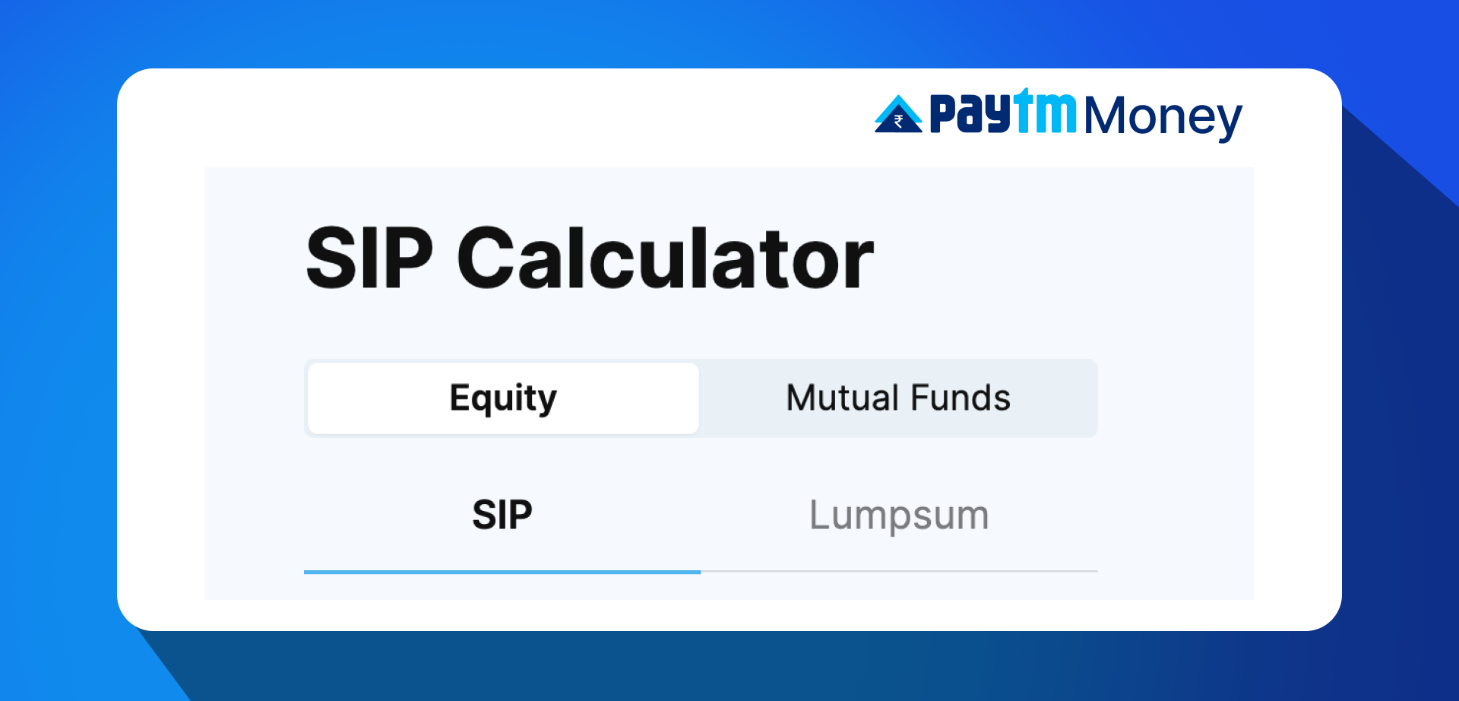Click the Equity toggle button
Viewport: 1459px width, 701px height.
[x=503, y=398]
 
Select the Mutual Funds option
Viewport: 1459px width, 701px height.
[x=898, y=398]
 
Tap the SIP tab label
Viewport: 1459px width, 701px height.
[x=502, y=515]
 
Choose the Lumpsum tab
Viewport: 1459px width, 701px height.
[x=899, y=515]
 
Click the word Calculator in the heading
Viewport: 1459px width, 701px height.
[x=666, y=259]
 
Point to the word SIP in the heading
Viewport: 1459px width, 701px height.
[x=369, y=259]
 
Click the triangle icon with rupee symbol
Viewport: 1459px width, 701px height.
[x=898, y=116]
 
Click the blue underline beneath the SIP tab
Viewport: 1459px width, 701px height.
[x=502, y=572]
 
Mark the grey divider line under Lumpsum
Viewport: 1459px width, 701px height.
[x=899, y=571]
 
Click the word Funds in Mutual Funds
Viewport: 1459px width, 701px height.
[x=961, y=398]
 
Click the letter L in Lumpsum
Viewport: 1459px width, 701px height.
[x=819, y=515]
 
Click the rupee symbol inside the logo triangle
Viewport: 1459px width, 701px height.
[x=898, y=121]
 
